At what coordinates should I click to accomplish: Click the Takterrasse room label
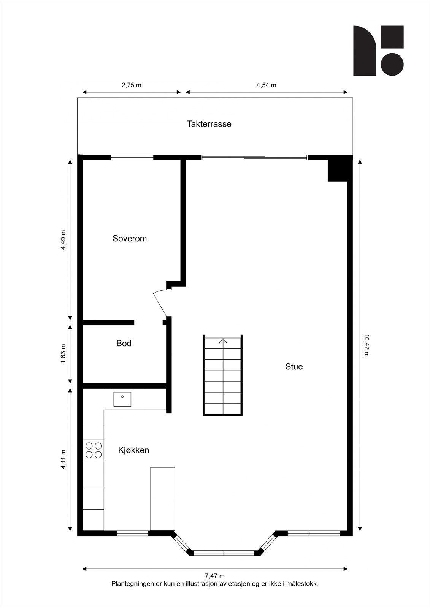(209, 124)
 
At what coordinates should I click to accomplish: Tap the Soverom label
(129, 239)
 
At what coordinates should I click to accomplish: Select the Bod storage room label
(124, 344)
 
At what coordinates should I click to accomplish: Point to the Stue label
(294, 367)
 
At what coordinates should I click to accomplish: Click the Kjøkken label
(133, 450)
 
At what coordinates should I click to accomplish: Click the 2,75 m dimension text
(131, 85)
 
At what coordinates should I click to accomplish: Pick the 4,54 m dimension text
(266, 85)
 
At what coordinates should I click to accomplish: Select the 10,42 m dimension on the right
(367, 345)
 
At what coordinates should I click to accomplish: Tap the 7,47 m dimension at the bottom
(215, 576)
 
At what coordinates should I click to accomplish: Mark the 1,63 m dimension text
(63, 353)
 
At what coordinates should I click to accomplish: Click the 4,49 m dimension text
(63, 240)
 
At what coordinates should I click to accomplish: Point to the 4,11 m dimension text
(63, 459)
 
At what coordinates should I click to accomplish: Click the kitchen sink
(122, 399)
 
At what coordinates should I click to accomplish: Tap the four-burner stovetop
(93, 450)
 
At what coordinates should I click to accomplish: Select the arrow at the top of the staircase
(223, 340)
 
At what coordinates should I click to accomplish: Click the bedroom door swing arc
(159, 300)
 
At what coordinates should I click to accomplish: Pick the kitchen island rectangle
(162, 499)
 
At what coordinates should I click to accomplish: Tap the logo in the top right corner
(378, 51)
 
